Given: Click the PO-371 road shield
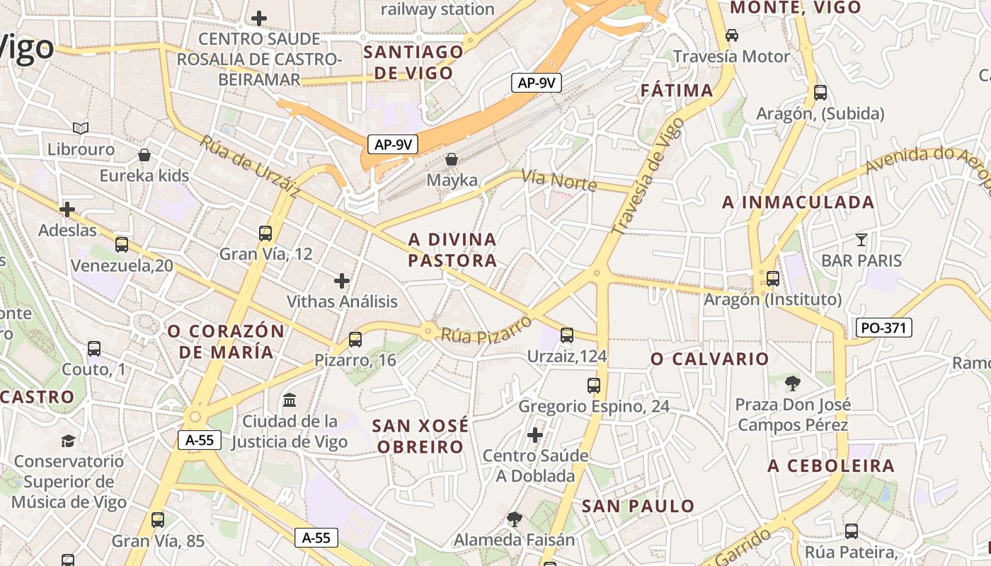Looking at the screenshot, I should [x=884, y=328].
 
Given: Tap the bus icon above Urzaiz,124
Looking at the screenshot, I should [x=567, y=335].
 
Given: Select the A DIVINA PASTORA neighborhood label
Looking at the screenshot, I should [x=453, y=250].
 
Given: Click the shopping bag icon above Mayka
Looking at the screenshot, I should [x=452, y=159].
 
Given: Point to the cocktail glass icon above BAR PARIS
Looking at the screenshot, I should [x=861, y=239].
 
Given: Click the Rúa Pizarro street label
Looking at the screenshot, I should [x=486, y=330].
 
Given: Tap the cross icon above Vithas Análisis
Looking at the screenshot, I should [x=342, y=281].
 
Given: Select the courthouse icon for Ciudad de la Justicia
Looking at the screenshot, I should [x=290, y=400].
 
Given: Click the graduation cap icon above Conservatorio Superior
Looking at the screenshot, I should [x=68, y=441].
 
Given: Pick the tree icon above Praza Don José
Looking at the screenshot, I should [x=793, y=383].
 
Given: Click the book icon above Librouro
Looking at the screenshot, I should [x=81, y=128].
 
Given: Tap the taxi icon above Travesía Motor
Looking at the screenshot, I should [x=732, y=35].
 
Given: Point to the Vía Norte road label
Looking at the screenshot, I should [x=559, y=180].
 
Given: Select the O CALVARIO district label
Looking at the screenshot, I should [x=710, y=359].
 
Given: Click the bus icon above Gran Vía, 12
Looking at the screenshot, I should [x=265, y=233].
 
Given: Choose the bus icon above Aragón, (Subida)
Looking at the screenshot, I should [x=820, y=92].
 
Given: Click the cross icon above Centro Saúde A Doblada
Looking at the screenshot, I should [x=535, y=434].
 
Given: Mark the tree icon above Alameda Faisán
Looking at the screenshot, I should [x=515, y=519].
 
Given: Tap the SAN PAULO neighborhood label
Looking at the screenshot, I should [x=638, y=506].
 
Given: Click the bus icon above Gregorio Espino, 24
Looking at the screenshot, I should [x=594, y=386].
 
